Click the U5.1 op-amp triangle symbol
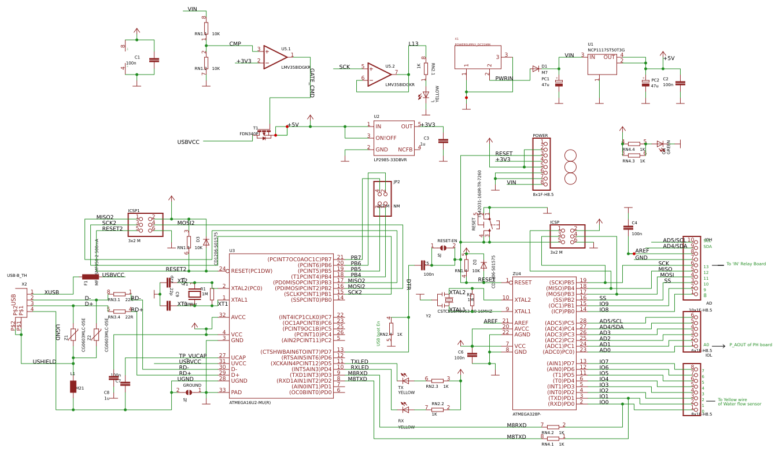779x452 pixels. pyautogui.click(x=275, y=57)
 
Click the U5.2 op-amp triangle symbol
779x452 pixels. pyautogui.click(x=379, y=75)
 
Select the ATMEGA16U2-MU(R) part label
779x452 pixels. pyautogui.click(x=250, y=402)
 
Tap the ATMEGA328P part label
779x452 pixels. pyautogui.click(x=527, y=414)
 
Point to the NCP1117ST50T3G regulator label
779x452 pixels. pyautogui.click(x=606, y=50)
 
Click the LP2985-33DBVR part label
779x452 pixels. pyautogui.click(x=390, y=160)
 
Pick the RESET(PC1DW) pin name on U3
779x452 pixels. pyautogui.click(x=252, y=271)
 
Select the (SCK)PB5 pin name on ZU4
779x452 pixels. pyautogui.click(x=561, y=282)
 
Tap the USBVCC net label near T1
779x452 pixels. pyautogui.click(x=188, y=142)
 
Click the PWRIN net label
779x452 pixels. pyautogui.click(x=504, y=78)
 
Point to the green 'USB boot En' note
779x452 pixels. pyautogui.click(x=379, y=334)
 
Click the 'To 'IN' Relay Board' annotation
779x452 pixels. pyautogui.click(x=746, y=264)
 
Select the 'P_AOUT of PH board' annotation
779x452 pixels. pyautogui.click(x=750, y=345)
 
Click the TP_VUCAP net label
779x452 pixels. pyautogui.click(x=193, y=356)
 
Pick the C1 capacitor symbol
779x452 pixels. pyautogui.click(x=154, y=60)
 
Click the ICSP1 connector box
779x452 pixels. pyautogui.click(x=145, y=224)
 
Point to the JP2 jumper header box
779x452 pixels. pyautogui.click(x=382, y=198)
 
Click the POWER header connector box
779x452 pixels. pyautogui.click(x=541, y=164)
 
